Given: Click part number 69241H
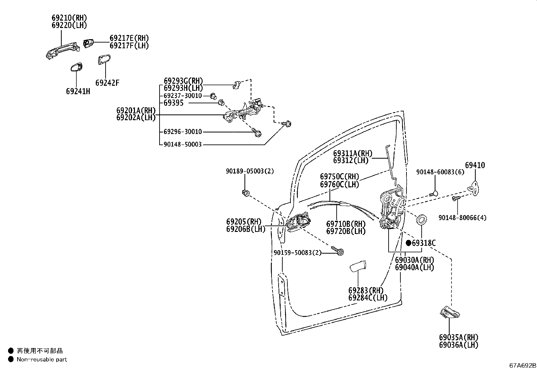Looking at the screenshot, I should point(78,91).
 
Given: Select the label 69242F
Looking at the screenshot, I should point(107,83).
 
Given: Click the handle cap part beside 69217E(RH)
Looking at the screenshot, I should point(88,44).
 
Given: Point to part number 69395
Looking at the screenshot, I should point(173,103).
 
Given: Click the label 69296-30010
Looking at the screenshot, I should point(182,132).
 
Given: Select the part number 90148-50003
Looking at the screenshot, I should point(182,144).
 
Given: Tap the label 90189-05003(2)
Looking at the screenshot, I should point(250,171).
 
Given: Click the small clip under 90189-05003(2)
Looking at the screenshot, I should point(246,193).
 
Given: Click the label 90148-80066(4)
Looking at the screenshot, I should point(462,218).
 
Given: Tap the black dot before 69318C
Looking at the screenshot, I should point(408,243).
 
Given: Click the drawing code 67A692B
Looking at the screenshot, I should point(522,365).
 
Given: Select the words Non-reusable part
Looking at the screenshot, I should point(42,360).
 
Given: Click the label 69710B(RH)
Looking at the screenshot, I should point(345,224).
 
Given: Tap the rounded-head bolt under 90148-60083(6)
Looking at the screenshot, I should point(434,193).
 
